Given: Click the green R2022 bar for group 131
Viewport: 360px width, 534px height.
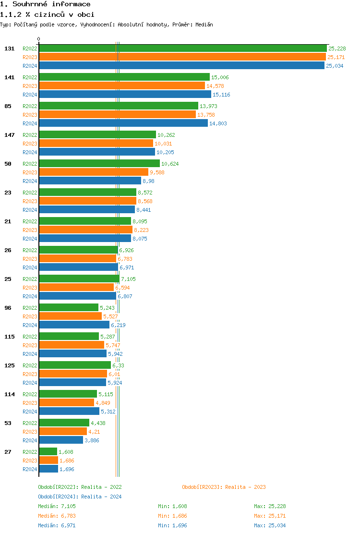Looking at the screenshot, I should pos(182,48).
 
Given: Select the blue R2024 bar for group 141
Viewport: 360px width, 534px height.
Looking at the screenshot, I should pos(125,95).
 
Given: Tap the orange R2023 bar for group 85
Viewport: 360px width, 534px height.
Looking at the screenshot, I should pos(117,114).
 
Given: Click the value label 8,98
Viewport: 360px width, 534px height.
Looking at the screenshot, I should pos(148,181).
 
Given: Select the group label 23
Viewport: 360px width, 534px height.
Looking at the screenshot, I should pos(8,193).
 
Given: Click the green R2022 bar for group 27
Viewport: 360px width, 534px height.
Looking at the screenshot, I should pos(48,451).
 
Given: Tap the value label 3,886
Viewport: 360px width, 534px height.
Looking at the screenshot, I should pos(92,440).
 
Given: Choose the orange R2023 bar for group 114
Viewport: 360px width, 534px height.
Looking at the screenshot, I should pos(66,402).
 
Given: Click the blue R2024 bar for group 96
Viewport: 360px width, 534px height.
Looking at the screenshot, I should pos(74,325).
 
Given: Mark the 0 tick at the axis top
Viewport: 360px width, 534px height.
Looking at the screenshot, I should pos(39,39).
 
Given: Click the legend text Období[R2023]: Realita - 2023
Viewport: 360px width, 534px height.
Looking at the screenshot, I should pos(224,487).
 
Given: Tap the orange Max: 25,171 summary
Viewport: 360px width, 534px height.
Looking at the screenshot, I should pos(270,516).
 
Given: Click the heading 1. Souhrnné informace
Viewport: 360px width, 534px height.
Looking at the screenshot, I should pos(45,4).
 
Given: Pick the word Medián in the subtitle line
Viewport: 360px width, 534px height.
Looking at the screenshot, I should pos(204,24).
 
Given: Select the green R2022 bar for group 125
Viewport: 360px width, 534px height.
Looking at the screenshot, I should pos(74,365).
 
